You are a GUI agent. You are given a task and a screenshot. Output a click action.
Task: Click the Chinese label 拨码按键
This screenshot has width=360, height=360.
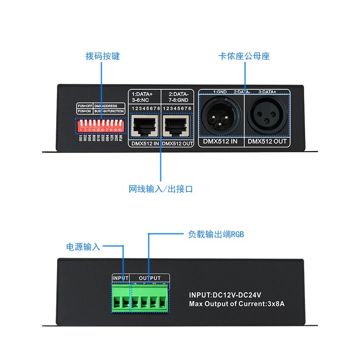(x=103, y=57)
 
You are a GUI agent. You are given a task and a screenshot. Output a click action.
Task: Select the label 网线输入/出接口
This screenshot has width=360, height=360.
(x=161, y=189)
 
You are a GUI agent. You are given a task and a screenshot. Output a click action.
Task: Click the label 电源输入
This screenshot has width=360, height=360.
(x=83, y=247)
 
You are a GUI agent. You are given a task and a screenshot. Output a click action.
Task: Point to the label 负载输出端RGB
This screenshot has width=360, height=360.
(x=216, y=234)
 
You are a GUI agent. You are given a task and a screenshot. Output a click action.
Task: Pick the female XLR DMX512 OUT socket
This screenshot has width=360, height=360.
(x=267, y=116)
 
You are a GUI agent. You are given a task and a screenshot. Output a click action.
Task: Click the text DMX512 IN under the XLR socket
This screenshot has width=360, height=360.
(x=220, y=141)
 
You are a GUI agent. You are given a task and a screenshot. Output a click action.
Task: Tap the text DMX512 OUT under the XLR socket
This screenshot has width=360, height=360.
(x=267, y=141)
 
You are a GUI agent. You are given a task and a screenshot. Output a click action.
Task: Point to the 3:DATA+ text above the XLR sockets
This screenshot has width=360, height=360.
(x=267, y=92)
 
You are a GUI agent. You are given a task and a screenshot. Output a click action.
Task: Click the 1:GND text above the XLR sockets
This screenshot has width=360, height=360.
(x=220, y=92)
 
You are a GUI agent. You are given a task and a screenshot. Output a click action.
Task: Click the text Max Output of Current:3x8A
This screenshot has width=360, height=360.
(x=237, y=304)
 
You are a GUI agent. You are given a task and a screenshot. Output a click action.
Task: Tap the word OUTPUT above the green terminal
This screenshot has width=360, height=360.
(x=149, y=278)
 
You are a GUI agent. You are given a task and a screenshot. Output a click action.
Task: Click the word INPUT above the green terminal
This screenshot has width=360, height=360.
(x=120, y=278)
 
